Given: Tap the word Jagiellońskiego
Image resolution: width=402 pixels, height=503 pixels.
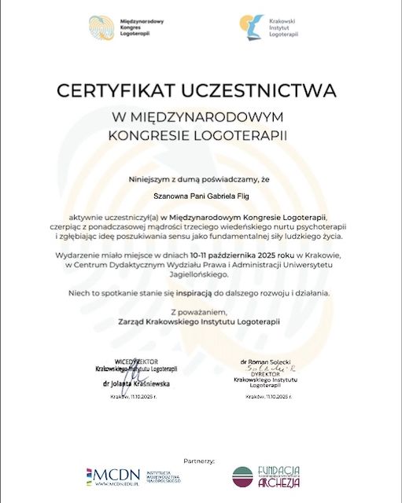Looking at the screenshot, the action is pyautogui.click(x=201, y=275).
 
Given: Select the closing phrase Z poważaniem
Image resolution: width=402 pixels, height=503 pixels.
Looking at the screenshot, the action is pyautogui.click(x=201, y=312).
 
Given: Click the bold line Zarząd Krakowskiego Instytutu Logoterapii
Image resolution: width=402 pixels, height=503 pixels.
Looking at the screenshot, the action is pyautogui.click(x=201, y=322).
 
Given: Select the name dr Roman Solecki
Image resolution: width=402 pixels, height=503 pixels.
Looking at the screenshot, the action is pyautogui.click(x=267, y=360).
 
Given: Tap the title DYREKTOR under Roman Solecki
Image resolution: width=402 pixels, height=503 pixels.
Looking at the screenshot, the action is pyautogui.click(x=267, y=374).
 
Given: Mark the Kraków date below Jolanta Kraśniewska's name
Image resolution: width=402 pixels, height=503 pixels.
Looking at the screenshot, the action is pyautogui.click(x=135, y=398).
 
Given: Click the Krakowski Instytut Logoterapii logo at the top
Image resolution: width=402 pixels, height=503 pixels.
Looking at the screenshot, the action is pyautogui.click(x=271, y=29).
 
